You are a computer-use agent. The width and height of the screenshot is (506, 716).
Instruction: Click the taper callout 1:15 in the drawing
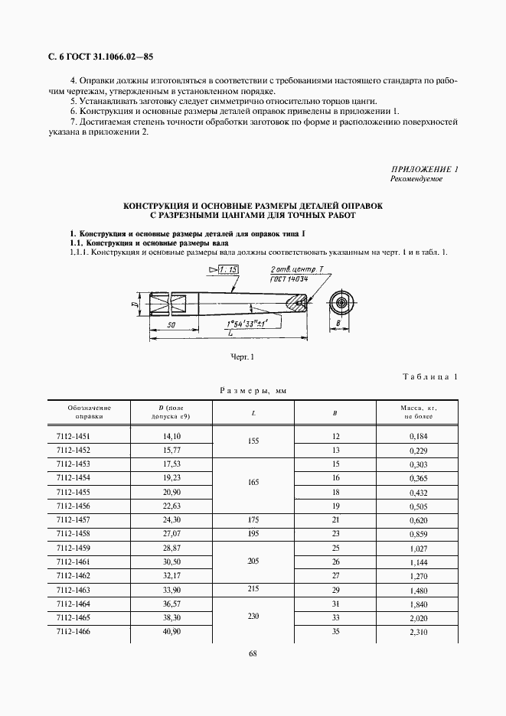(228, 269)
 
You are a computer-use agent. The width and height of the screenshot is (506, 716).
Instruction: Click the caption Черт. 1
(242, 356)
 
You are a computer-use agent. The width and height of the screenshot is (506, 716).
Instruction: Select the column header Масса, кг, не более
(419, 412)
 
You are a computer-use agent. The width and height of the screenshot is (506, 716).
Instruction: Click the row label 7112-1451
(73, 436)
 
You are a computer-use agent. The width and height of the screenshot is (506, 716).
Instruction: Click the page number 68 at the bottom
(253, 653)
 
